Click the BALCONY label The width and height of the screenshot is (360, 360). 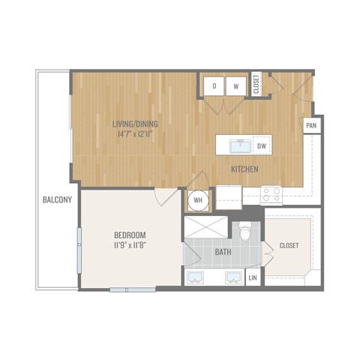point(57,199)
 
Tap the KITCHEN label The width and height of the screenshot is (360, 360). point(244,169)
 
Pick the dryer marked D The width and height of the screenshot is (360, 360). point(214,86)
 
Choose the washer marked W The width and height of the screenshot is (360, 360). point(235,86)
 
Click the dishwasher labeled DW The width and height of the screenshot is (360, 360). point(262,145)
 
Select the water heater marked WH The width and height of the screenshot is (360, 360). point(199,200)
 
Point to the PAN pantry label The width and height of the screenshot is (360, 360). point(310,126)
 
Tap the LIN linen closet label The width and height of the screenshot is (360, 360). point(252,279)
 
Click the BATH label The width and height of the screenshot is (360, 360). point(223,253)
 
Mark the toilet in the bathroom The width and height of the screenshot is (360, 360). point(244,232)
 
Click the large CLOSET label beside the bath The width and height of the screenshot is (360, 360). point(289,244)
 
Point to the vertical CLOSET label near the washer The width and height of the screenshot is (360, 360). point(256,83)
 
